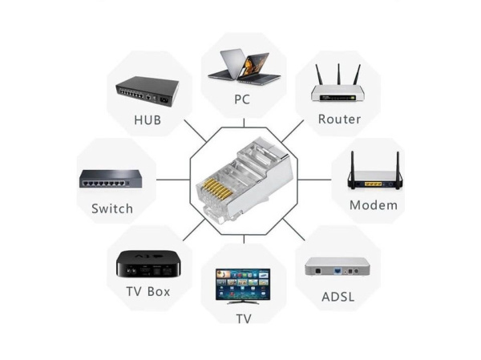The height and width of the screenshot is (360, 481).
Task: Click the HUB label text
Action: click(148, 120)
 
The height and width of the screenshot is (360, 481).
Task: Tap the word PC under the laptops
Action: click(242, 100)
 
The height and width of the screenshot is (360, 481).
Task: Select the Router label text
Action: click(339, 119)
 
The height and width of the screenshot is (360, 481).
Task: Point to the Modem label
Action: click(373, 204)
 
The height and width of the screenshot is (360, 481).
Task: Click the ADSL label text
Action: click(338, 297)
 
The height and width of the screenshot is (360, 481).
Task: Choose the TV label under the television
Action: click(243, 318)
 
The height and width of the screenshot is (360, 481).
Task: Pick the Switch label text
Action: click(112, 208)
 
